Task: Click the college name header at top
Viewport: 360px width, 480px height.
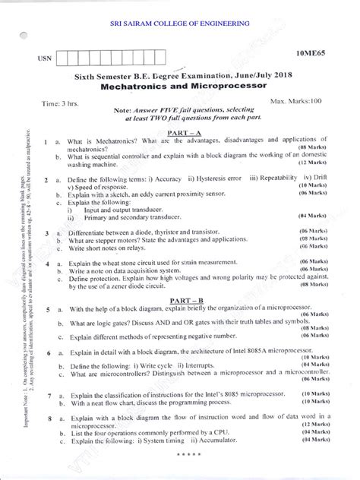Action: [181, 24]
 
